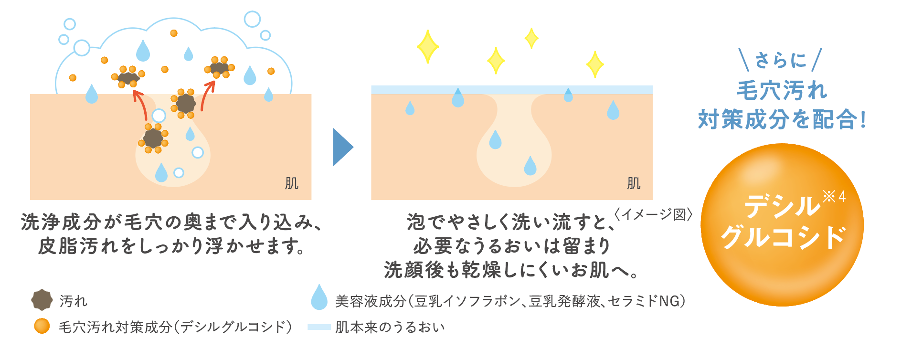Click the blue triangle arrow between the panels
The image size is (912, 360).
pos(342,147)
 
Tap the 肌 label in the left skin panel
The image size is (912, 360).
pos(291,183)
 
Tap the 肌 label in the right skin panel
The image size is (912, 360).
pos(633,183)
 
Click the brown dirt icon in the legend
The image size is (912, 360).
pos(42,300)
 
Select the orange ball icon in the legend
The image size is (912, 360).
pos(42,326)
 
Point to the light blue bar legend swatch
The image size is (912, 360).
pos(319,327)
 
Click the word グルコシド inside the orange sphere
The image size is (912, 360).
pos(783,237)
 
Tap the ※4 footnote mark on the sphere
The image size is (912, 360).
pos(834,196)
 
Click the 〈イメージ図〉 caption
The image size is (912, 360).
pos(653,214)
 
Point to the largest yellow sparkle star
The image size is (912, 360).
pos(427,47)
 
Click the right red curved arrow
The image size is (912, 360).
pos(207,96)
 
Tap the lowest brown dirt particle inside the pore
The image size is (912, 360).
pos(153,138)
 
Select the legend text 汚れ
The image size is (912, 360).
pos(73,301)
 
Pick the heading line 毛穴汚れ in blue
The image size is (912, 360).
pos(782,90)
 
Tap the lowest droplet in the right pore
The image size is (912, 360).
pos(530,166)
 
